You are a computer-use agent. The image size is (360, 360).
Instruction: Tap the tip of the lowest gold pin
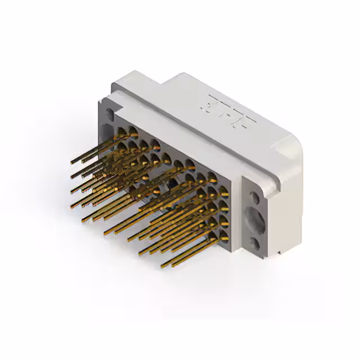(x=163, y=265)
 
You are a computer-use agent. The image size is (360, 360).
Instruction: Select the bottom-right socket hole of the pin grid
(x=224, y=233)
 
